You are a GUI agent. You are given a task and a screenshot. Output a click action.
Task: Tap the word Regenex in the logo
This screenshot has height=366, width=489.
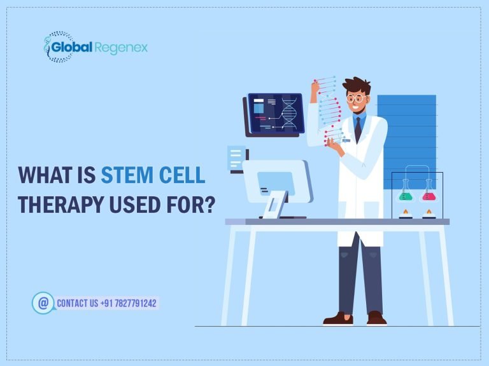(121, 48)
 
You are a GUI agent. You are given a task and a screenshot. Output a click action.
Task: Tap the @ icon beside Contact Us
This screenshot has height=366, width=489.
(43, 303)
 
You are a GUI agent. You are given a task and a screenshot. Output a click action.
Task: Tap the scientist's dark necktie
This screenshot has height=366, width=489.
(358, 129)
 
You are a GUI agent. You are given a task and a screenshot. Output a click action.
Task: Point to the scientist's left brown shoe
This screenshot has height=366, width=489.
(337, 318)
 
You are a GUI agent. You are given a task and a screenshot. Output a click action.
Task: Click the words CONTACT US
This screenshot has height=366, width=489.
(77, 303)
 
